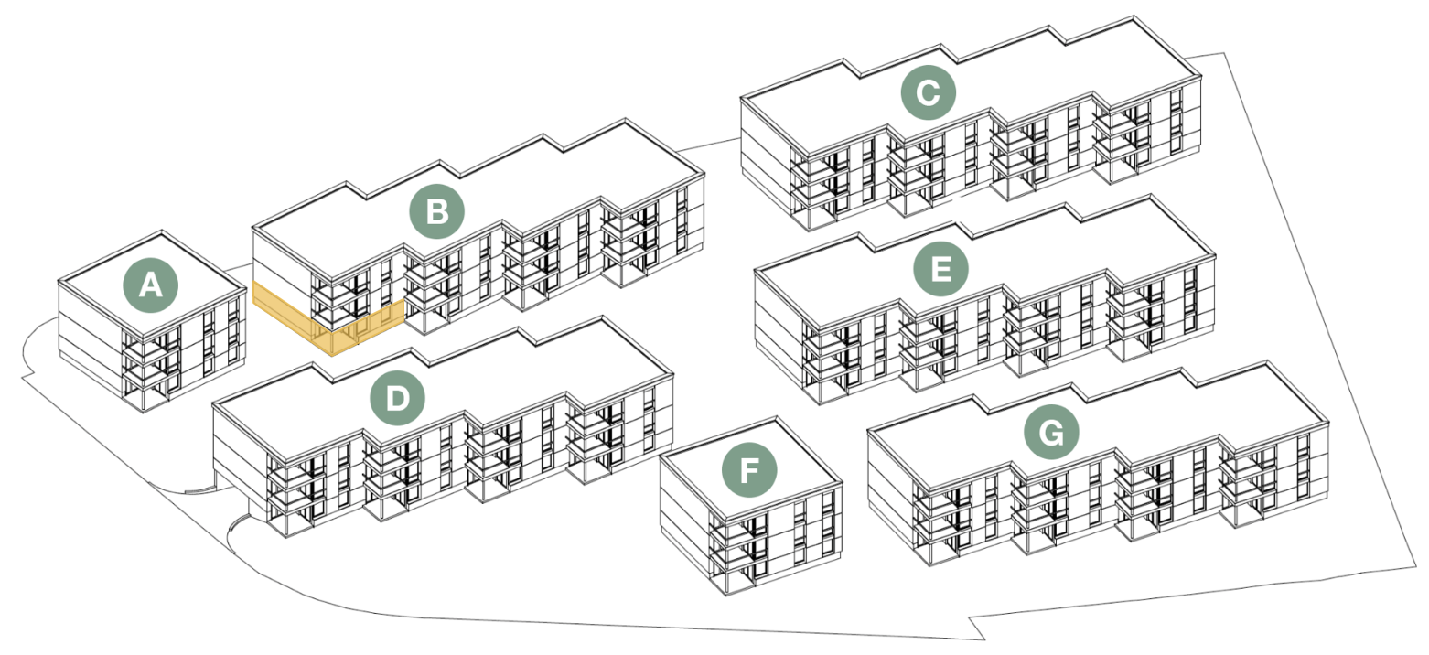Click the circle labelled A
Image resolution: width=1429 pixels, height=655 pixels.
click(x=151, y=287)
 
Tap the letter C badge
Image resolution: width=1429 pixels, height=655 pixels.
click(x=928, y=92)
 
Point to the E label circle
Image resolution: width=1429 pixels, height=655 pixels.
click(x=940, y=269)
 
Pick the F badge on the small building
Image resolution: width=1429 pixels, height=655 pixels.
click(x=749, y=472)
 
